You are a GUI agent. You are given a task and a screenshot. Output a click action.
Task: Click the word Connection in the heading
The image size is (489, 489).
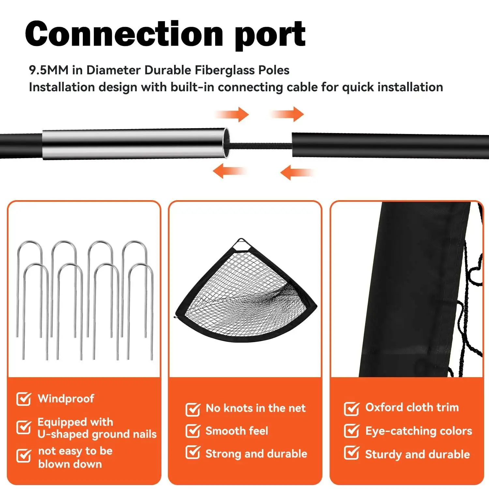(x=124, y=34)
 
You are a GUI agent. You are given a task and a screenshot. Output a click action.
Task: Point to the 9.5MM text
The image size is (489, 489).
(x=49, y=70)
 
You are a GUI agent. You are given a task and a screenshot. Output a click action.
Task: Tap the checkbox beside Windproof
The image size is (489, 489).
(x=24, y=399)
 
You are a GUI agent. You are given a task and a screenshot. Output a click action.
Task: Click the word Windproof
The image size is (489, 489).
(x=66, y=398)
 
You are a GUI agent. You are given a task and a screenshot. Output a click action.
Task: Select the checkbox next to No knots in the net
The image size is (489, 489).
(x=193, y=409)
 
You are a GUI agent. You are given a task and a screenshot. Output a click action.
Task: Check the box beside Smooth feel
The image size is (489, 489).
(x=193, y=431)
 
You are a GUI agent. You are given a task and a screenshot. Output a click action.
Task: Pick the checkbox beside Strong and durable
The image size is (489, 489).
(x=193, y=452)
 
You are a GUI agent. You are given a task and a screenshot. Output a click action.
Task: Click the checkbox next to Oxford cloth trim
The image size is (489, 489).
(x=351, y=408)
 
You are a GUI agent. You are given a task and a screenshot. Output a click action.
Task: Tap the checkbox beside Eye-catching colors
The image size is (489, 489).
(x=351, y=431)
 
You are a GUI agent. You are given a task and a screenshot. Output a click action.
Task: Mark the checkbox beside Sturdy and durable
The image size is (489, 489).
(x=351, y=453)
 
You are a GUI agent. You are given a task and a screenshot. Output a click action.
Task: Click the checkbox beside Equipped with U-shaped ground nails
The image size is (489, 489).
(x=24, y=427)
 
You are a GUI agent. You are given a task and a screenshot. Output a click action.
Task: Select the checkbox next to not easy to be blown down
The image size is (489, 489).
(x=24, y=456)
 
